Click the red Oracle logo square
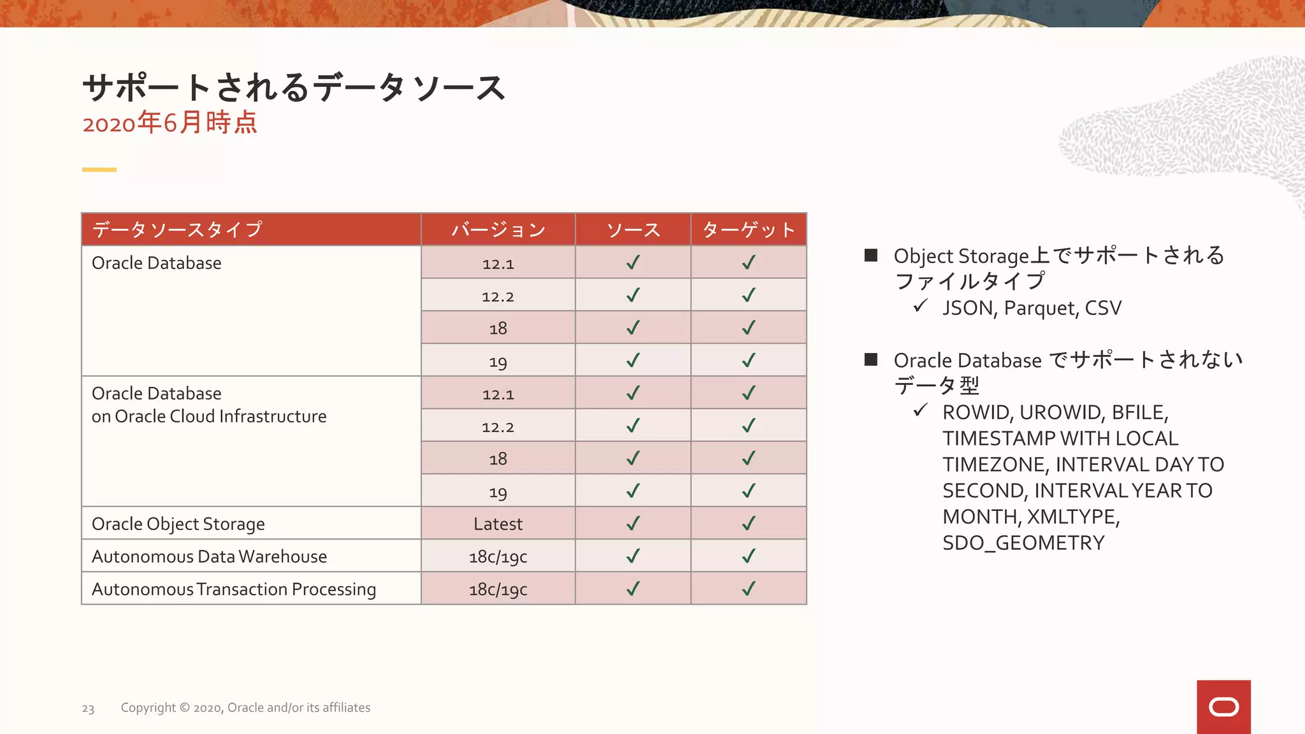click(1223, 707)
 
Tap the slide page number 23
click(88, 709)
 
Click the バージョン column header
click(498, 229)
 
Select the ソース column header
click(633, 229)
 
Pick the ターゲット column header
click(749, 229)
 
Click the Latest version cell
click(498, 524)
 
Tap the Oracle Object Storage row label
click(178, 524)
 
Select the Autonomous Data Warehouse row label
click(209, 556)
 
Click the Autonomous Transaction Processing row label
click(234, 589)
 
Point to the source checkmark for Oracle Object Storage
click(633, 523)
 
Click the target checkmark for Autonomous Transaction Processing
click(749, 589)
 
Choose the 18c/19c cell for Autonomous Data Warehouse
click(498, 557)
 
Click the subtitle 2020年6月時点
click(169, 122)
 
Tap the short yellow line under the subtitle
click(99, 169)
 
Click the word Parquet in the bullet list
click(1033, 308)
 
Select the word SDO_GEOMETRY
click(1023, 543)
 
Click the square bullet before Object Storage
click(871, 255)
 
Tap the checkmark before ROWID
click(919, 410)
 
